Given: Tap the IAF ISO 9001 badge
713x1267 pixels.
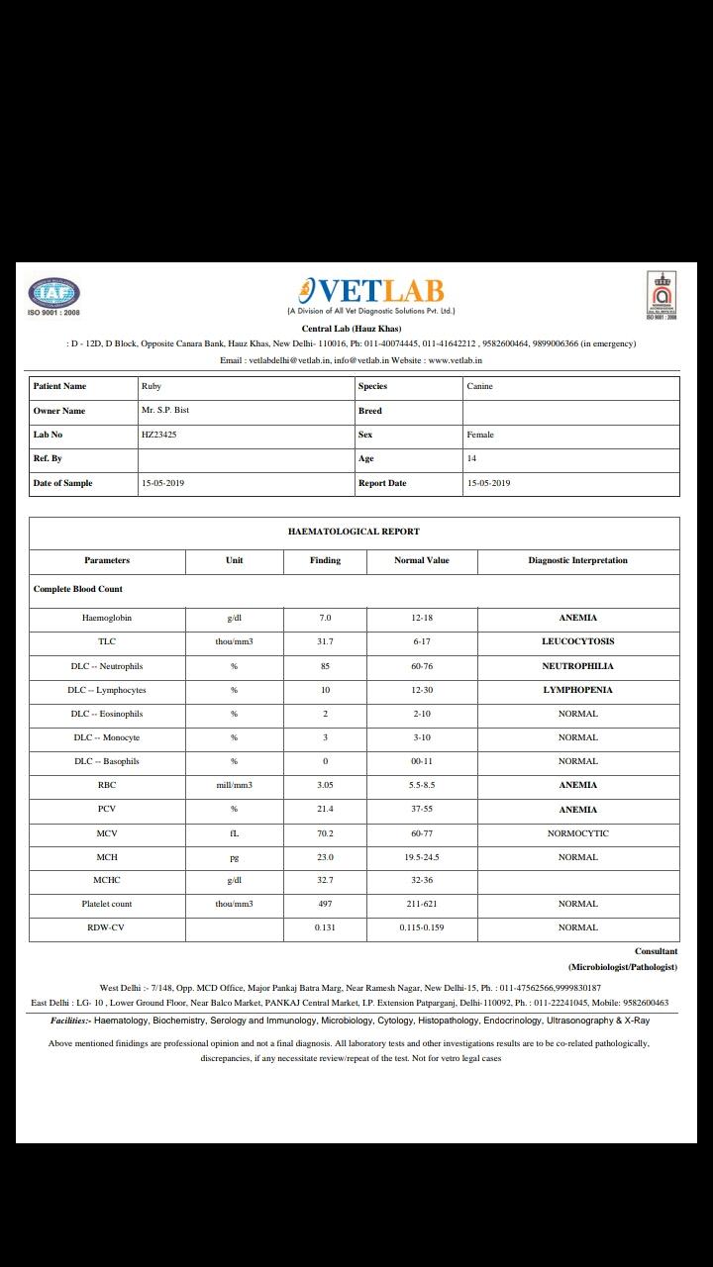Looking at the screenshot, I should pos(53,294).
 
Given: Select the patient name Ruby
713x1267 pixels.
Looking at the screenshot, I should pos(152,386).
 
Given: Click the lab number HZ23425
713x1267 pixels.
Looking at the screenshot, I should pos(159,435).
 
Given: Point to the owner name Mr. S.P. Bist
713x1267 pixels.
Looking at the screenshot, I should pos(165,410).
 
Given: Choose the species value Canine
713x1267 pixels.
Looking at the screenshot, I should pos(479,386).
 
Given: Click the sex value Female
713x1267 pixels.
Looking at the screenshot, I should pos(480,435).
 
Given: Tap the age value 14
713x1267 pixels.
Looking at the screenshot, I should pos(471,458).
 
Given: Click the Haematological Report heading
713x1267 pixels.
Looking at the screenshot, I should pos(354,532).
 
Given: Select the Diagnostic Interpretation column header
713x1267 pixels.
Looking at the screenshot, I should pos(577,560).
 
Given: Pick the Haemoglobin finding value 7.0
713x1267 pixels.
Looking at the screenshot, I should pos(325,618).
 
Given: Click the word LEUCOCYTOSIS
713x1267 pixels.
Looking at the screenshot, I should pos(577,641).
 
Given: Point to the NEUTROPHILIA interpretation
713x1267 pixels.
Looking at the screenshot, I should pos(577,666).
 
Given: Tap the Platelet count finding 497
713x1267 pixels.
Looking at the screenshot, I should pos(325,904).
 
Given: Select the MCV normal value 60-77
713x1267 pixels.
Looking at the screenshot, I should pos(422,833).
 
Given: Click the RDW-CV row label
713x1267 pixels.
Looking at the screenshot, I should pos(107,927).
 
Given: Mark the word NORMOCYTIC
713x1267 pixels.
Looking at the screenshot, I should pos(577,833).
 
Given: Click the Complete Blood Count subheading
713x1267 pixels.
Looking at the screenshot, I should pos(78,589).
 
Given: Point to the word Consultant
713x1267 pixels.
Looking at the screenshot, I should pos(656,951).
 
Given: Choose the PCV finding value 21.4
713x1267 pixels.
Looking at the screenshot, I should pos(325,810).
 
